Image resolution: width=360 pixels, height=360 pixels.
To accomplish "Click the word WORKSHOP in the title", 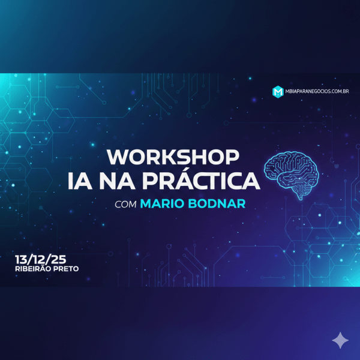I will pyautogui.click(x=173, y=157).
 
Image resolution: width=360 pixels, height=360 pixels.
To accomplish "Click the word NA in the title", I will pyautogui.click(x=143, y=180).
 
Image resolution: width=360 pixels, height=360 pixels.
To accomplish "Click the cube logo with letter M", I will pyautogui.click(x=278, y=91).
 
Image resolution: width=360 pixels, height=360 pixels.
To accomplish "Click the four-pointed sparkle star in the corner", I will pyautogui.click(x=340, y=341).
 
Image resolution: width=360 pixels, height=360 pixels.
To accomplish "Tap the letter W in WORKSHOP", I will pyautogui.click(x=118, y=157).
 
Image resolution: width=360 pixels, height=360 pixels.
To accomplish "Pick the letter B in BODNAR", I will pyautogui.click(x=194, y=204).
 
